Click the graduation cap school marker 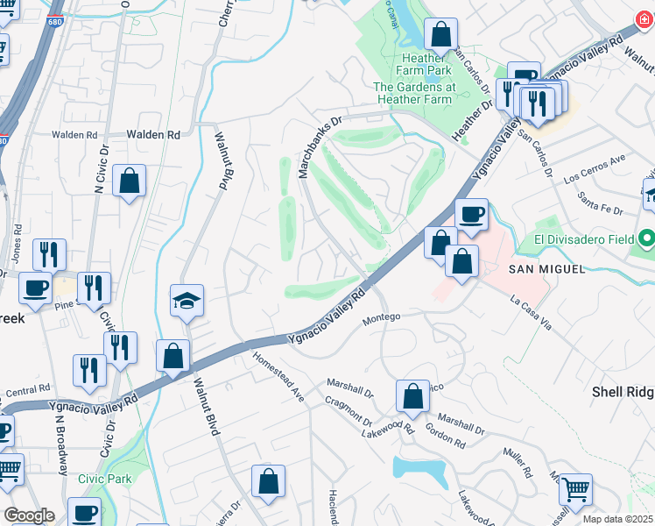pos(187,301)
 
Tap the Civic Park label pos(102,480)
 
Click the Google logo pos(29,515)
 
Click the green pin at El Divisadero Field pos(646,238)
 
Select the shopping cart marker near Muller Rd pos(574,489)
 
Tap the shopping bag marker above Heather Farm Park pos(441,35)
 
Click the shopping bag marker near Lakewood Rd pos(412,396)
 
